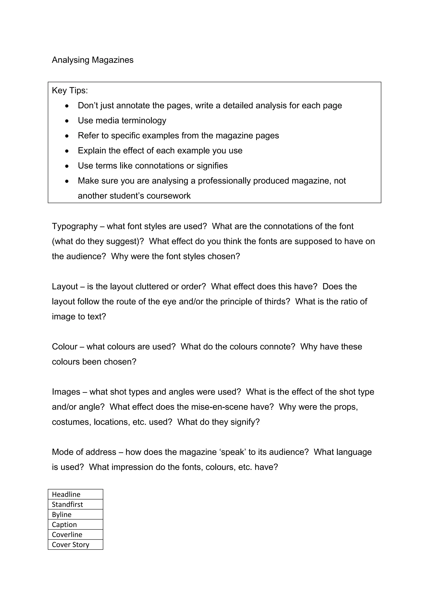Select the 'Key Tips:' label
70,91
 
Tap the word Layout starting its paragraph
65,287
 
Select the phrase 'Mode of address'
84,452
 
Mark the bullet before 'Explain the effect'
67,151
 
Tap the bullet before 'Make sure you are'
67,181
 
